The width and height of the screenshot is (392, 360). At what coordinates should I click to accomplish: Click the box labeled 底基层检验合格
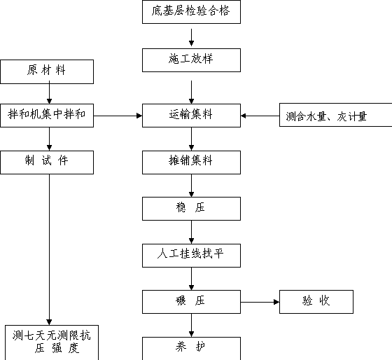[191, 12]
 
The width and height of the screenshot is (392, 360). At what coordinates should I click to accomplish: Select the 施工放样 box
[191, 60]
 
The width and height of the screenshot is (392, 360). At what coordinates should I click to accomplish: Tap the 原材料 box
[47, 71]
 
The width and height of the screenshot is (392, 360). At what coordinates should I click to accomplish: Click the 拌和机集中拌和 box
[47, 116]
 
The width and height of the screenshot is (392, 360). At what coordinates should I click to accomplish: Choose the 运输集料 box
[191, 116]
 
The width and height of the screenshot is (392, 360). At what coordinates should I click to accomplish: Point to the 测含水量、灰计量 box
[335, 115]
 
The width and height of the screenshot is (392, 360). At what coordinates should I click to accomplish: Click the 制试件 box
[47, 162]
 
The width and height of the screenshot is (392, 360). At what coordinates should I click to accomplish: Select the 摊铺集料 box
[191, 162]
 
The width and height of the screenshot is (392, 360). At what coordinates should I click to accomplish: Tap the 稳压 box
[191, 209]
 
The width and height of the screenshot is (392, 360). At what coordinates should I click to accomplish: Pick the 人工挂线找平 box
[191, 256]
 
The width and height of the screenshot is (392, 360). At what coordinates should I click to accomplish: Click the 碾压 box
[191, 302]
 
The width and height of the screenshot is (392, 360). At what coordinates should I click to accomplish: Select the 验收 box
[316, 302]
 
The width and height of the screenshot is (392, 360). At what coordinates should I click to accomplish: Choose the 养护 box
[191, 349]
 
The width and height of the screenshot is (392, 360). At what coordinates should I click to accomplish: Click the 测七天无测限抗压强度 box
[52, 342]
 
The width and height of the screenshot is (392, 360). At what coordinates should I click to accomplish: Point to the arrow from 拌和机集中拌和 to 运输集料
[118, 116]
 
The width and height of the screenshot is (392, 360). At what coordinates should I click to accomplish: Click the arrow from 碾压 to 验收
[260, 302]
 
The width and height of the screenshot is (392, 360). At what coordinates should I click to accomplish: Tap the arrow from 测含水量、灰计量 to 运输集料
[260, 116]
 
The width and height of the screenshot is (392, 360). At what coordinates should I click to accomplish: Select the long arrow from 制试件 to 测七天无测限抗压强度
[49, 249]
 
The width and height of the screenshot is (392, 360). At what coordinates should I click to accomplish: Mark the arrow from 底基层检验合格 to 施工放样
[192, 38]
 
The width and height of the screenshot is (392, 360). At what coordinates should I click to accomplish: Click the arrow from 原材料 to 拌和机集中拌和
[49, 92]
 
